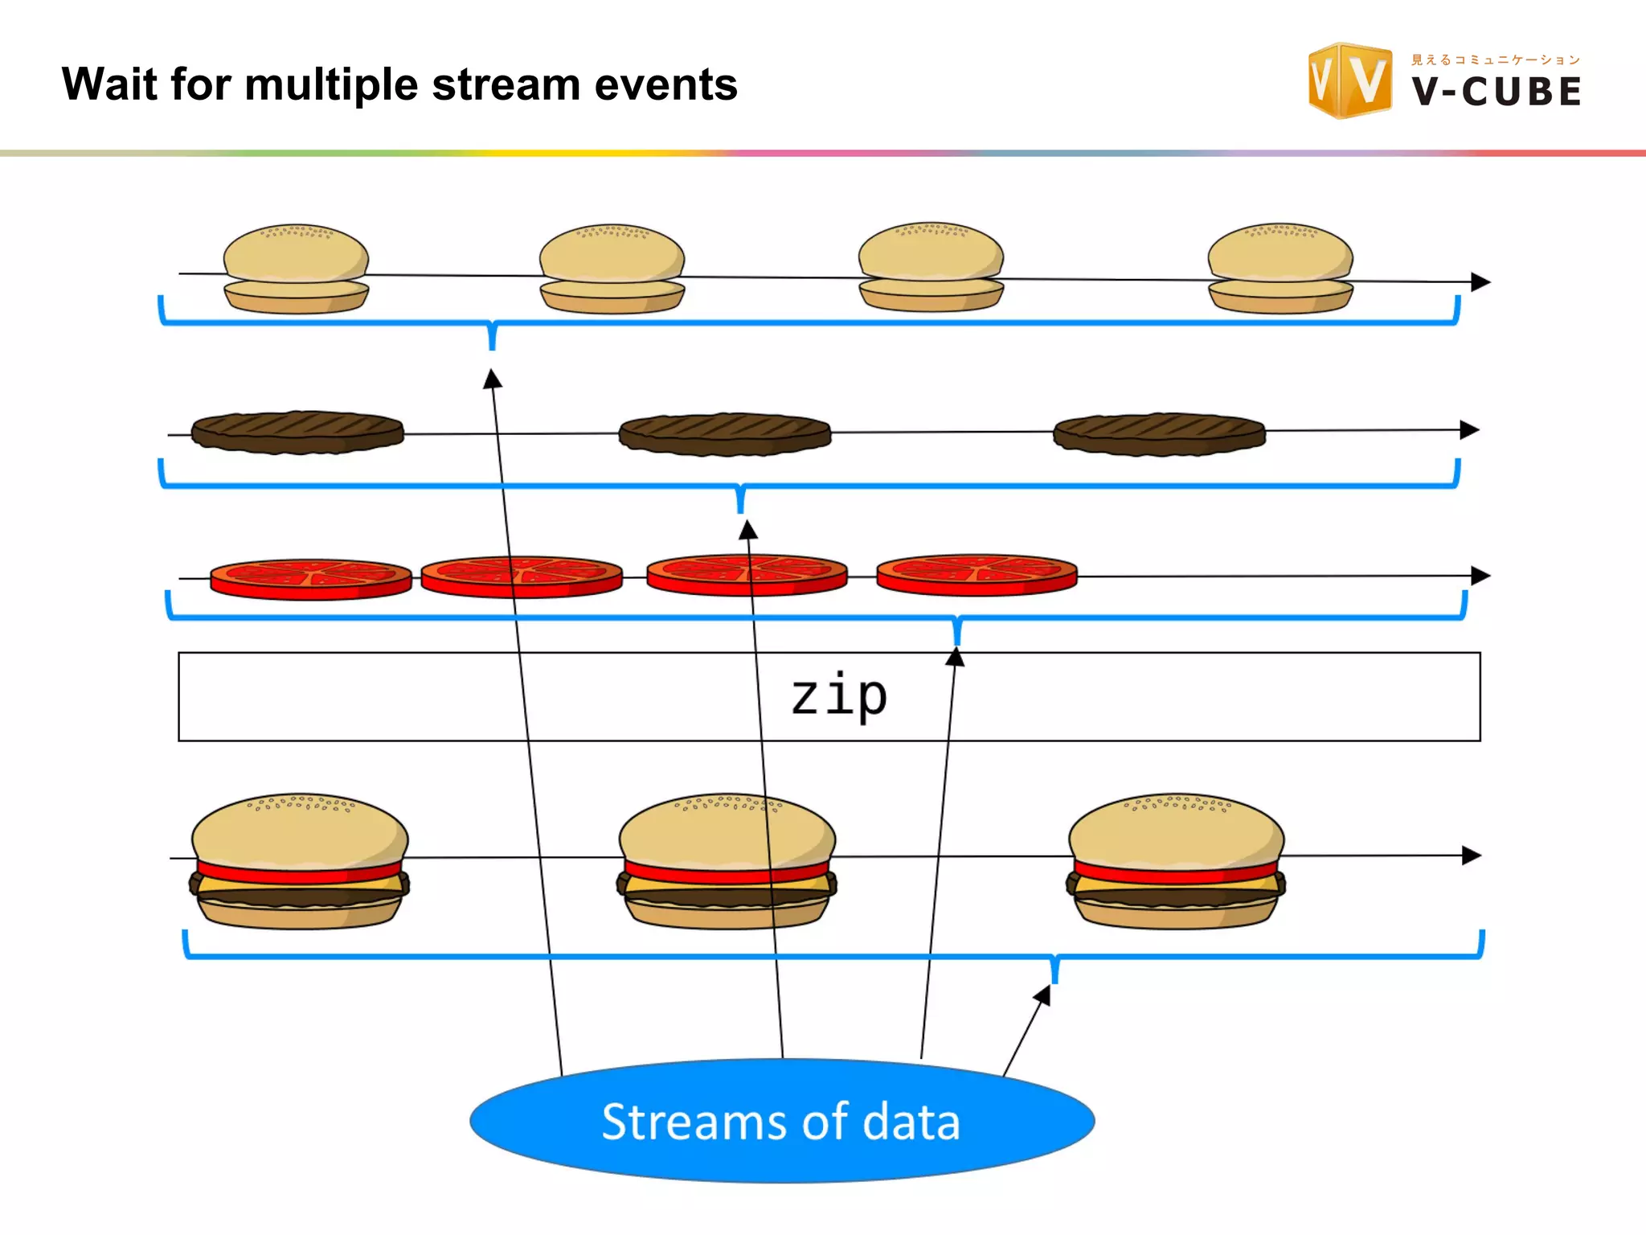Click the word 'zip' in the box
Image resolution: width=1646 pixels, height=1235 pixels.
(839, 696)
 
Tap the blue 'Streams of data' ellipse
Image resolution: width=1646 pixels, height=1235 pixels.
(782, 1121)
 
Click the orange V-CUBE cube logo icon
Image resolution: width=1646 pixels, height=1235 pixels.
(1350, 80)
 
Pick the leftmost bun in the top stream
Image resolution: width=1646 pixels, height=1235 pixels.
(296, 269)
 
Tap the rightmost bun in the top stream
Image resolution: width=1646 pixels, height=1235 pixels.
(1280, 269)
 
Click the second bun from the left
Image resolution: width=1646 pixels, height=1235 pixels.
(612, 269)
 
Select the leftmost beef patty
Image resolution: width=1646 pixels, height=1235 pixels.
(297, 433)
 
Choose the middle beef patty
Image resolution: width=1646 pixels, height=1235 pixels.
(725, 435)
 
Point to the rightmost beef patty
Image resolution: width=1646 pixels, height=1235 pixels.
(1159, 435)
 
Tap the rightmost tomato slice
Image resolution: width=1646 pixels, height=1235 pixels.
(977, 575)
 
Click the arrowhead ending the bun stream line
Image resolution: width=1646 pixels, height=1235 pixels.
(1481, 282)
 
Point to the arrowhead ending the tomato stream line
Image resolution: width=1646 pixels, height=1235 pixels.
(1481, 576)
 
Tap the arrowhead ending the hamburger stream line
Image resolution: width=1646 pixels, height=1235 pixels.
(1472, 855)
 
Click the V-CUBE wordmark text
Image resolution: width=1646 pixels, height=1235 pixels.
(1497, 92)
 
